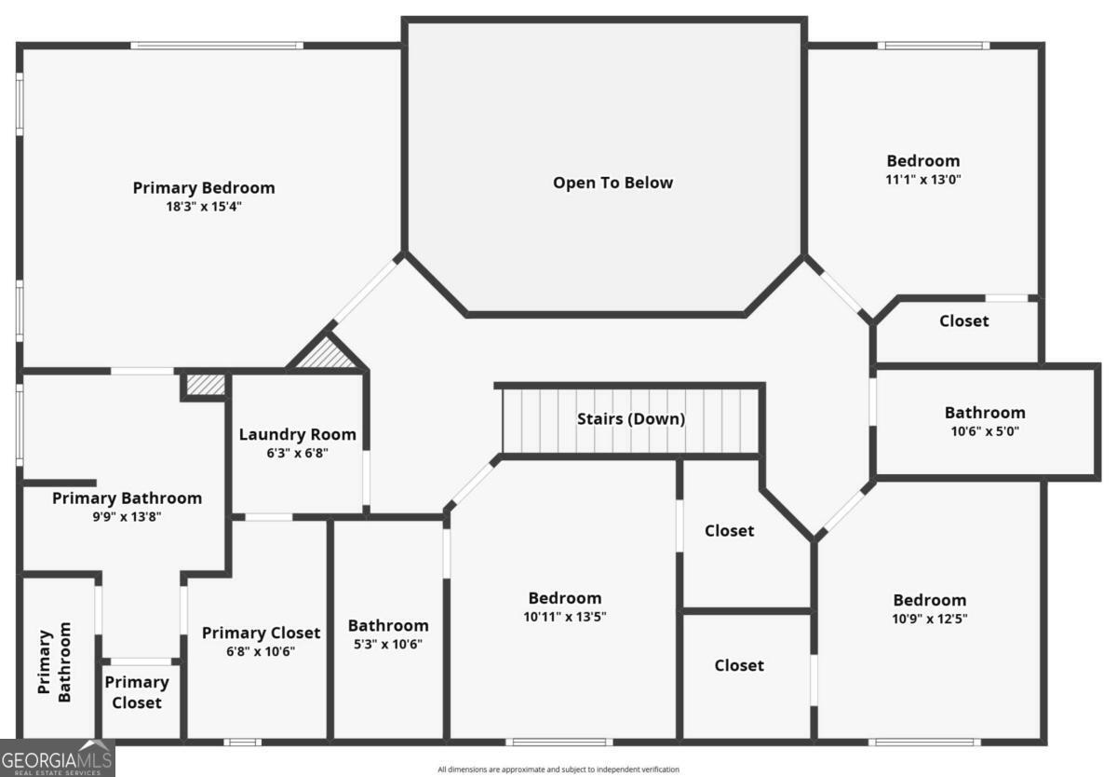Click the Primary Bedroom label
pyautogui.click(x=204, y=187)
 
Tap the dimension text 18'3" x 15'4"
pyautogui.click(x=204, y=207)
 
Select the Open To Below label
pyautogui.click(x=612, y=183)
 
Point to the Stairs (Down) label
pyautogui.click(x=631, y=419)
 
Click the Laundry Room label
pyautogui.click(x=297, y=434)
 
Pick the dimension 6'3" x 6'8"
pyautogui.click(x=297, y=454)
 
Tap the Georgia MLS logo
pyautogui.click(x=57, y=757)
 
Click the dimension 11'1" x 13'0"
pyautogui.click(x=922, y=180)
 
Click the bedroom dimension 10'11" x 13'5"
pyautogui.click(x=565, y=617)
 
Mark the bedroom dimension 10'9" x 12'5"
pyautogui.click(x=930, y=619)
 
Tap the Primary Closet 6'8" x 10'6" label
pyautogui.click(x=261, y=633)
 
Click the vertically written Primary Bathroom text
pyautogui.click(x=55, y=662)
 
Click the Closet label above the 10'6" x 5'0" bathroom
pyautogui.click(x=963, y=321)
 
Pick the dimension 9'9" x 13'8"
pyautogui.click(x=127, y=517)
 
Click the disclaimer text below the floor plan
pyautogui.click(x=558, y=770)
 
